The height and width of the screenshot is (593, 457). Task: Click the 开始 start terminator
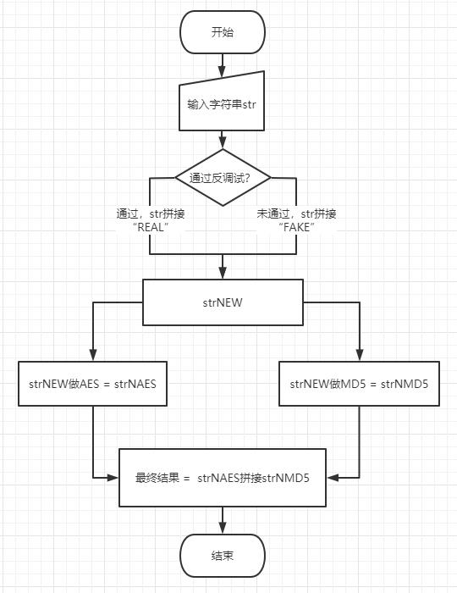(223, 33)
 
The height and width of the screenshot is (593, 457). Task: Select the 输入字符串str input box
(223, 105)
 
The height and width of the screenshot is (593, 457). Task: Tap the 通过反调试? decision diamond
(223, 178)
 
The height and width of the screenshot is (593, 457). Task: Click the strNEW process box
(223, 302)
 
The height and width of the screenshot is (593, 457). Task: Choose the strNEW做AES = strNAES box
(93, 384)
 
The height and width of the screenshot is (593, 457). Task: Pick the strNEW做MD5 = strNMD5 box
(359, 384)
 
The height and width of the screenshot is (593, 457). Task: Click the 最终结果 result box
(223, 478)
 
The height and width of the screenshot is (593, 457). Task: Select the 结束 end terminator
(223, 556)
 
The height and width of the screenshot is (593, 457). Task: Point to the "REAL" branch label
(151, 229)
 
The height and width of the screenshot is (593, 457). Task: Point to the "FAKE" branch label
(295, 229)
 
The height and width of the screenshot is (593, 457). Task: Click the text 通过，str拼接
(151, 213)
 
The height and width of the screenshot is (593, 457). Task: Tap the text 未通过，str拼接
(295, 213)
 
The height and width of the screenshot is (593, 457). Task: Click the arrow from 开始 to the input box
(223, 64)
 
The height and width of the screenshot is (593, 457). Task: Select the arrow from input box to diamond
(223, 138)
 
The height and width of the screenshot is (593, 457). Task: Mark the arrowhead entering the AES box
(93, 356)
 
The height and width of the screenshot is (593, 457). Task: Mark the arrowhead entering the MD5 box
(359, 356)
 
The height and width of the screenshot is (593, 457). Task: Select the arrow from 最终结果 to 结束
(223, 521)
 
